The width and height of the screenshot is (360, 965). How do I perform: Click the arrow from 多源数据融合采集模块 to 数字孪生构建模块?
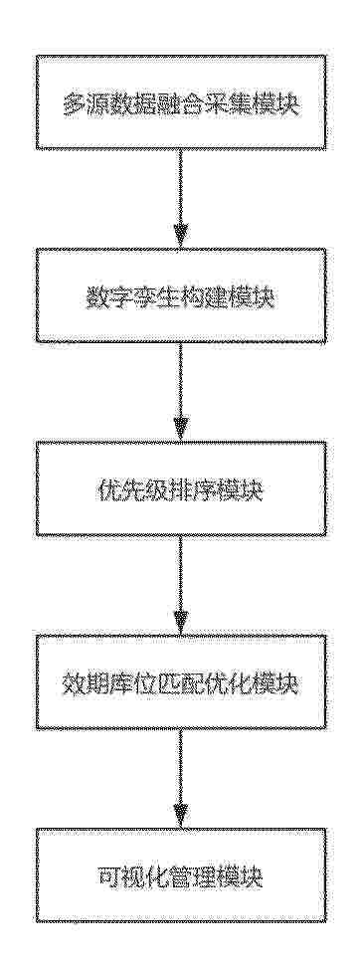click(180, 199)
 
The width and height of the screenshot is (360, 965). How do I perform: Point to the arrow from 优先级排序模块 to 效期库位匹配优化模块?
click(180, 585)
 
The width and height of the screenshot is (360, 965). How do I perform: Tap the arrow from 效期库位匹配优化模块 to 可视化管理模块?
click(180, 779)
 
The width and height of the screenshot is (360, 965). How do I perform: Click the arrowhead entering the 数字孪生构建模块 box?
click(180, 237)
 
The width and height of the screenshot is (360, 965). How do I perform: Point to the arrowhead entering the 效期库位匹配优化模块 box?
click(180, 623)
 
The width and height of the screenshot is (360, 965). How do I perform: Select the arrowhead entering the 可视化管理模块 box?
click(180, 816)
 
